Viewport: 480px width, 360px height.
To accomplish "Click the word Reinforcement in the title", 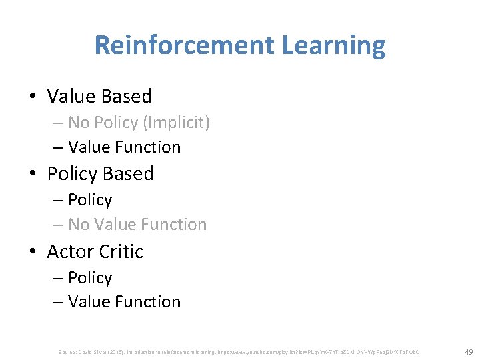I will [185, 45].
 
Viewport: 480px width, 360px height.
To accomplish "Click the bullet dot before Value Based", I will [33, 97].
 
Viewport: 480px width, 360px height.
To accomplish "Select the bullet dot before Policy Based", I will [33, 174].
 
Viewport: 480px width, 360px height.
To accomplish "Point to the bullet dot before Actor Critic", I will [33, 252].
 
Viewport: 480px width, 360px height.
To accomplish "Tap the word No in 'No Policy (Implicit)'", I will [79, 123].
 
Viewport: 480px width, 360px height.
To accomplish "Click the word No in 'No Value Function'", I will [79, 225].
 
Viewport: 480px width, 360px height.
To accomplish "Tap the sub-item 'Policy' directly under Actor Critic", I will [90, 278].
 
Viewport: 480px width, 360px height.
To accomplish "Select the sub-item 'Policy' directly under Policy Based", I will [90, 200].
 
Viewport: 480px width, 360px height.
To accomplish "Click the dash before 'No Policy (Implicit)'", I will [57, 123].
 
